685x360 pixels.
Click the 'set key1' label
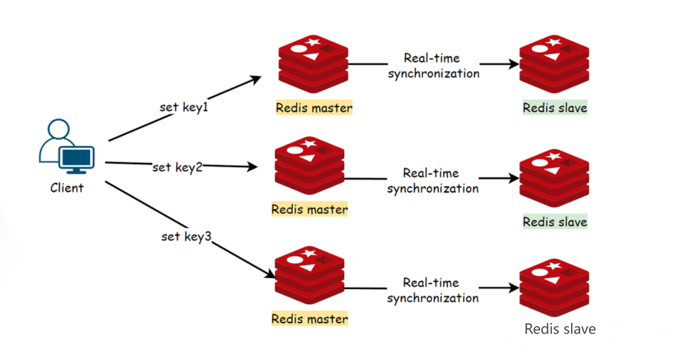click(183, 107)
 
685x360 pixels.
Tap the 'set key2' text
click(177, 167)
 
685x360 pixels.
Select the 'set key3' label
click(186, 236)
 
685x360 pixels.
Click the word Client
click(67, 188)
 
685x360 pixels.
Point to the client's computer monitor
click(76, 159)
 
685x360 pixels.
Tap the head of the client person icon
click(58, 129)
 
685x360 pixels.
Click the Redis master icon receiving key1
click(313, 64)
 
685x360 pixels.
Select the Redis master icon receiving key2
click(309, 166)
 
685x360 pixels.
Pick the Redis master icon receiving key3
click(309, 275)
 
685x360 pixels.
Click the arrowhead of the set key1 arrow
click(257, 78)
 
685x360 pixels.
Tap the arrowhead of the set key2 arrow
click(254, 167)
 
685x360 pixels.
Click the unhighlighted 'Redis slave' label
click(560, 329)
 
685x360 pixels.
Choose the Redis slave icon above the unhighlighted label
click(554, 288)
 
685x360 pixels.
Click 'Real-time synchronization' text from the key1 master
click(433, 66)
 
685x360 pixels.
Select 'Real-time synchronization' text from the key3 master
click(432, 290)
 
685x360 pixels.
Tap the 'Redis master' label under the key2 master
click(309, 209)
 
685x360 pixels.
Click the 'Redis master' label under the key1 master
click(314, 107)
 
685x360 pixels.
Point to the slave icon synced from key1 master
click(554, 64)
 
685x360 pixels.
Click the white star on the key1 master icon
click(313, 42)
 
